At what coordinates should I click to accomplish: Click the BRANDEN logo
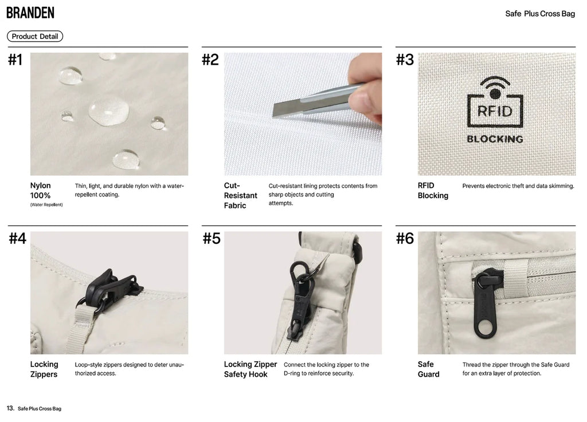[x=30, y=13]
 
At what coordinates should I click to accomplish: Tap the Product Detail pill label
[x=35, y=36]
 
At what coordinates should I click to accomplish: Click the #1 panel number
[x=15, y=60]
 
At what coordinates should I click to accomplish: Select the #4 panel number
[x=17, y=238]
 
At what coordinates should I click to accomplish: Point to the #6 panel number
[x=405, y=238]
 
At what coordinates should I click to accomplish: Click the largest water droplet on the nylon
[x=109, y=110]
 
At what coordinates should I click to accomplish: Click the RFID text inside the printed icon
[x=495, y=111]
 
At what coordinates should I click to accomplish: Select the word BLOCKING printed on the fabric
[x=495, y=139]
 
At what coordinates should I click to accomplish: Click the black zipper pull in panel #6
[x=487, y=303]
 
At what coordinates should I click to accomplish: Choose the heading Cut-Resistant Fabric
[x=240, y=195]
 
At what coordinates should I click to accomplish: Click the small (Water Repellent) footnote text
[x=46, y=205]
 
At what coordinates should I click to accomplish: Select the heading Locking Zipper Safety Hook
[x=251, y=369]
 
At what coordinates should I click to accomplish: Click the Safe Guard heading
[x=428, y=369]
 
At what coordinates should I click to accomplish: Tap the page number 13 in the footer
[x=10, y=408]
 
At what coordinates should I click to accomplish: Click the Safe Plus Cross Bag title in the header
[x=540, y=14]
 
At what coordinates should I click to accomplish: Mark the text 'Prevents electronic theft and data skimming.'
[x=518, y=186]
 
